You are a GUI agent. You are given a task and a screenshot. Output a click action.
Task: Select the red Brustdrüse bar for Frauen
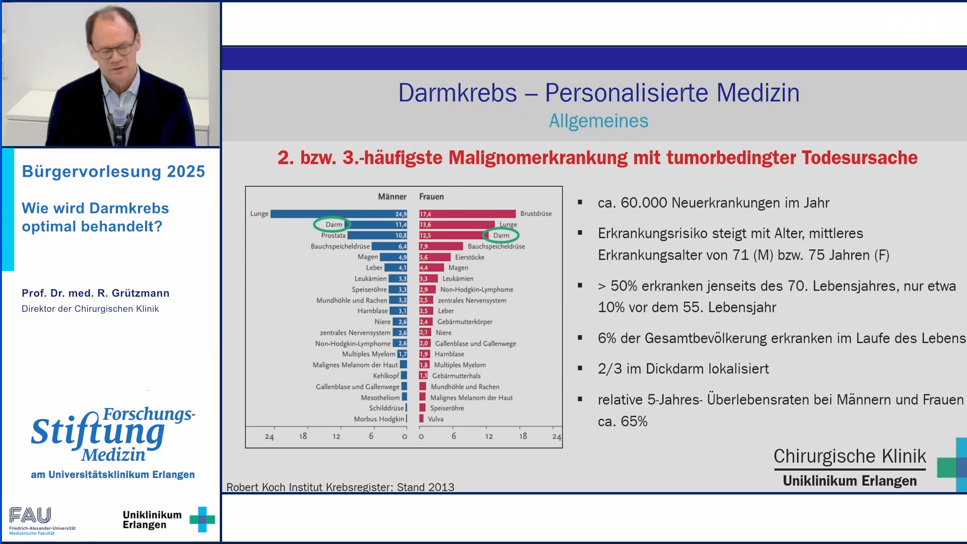(x=467, y=214)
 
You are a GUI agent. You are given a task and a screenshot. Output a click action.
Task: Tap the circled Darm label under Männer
(x=333, y=225)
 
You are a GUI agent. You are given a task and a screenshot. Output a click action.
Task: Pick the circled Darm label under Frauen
(x=501, y=235)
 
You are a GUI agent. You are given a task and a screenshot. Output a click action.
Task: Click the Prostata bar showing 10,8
(x=377, y=235)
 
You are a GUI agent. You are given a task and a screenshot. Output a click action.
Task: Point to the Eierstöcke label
(x=469, y=257)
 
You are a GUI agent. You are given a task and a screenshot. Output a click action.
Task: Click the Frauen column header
(x=431, y=196)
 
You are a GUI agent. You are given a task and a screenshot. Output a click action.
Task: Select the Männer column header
(x=392, y=196)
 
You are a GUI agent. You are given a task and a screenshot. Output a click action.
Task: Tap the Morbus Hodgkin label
(x=379, y=419)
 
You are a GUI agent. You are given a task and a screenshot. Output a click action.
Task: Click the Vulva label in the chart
(x=436, y=419)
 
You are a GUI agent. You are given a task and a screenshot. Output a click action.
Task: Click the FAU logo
(x=30, y=515)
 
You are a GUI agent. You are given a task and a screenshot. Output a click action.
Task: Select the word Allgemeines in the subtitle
(x=598, y=121)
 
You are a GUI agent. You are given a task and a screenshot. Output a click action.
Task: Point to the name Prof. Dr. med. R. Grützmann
(x=96, y=293)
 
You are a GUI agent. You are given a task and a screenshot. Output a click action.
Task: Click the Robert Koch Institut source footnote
(x=340, y=487)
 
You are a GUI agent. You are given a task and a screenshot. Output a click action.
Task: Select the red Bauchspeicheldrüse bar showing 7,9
(x=441, y=246)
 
